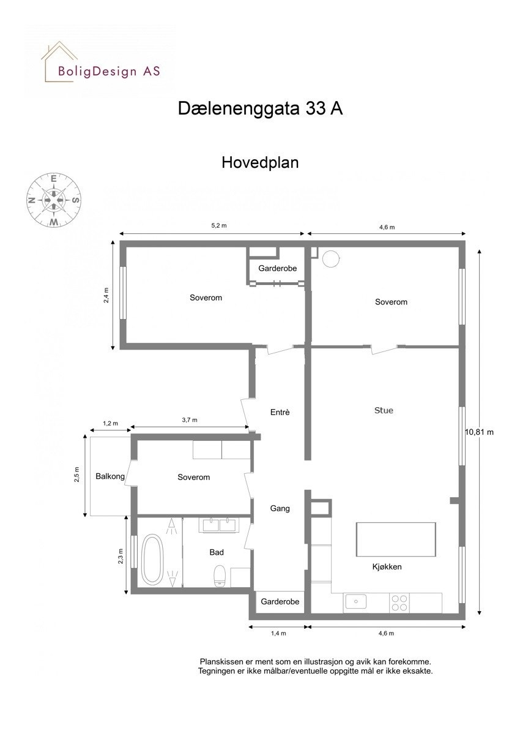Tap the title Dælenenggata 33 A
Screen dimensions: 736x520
coord(260,108)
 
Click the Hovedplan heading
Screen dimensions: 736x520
coord(260,163)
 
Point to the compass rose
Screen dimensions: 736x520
coord(54,200)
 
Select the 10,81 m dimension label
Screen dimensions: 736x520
coord(479,432)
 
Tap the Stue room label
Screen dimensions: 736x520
coord(384,410)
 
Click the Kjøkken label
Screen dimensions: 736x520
coord(387,566)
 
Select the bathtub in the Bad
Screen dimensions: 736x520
coord(152,559)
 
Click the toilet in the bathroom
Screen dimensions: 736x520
coord(220,576)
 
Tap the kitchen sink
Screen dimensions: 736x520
coord(355,603)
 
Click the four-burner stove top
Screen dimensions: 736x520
coord(399,603)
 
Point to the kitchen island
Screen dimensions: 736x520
coord(396,539)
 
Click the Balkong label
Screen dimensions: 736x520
coord(110,476)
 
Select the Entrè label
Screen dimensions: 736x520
coord(280,412)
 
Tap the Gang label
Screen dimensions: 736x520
coord(280,508)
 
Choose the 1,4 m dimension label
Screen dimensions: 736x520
coord(278,634)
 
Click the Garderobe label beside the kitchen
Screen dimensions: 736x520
coord(280,602)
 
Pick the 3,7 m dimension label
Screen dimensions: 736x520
coord(190,420)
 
